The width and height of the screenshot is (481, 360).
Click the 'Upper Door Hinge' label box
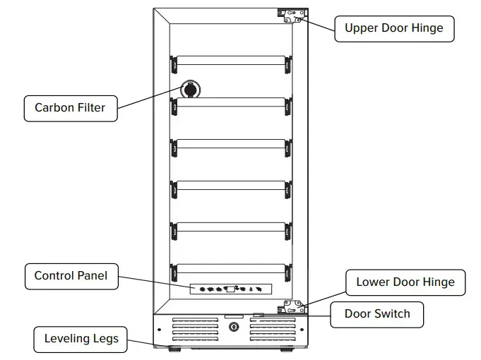[x=393, y=29]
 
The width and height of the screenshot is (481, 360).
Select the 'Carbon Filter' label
[x=70, y=108]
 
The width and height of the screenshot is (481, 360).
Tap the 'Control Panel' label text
[x=71, y=276]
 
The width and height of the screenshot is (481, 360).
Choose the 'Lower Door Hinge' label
[x=405, y=282]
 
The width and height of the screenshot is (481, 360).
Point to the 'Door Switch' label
[x=376, y=313]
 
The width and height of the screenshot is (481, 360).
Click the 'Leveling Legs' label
[x=81, y=339]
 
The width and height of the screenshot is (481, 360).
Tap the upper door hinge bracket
[x=292, y=16]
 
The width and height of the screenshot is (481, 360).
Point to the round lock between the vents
[x=234, y=328]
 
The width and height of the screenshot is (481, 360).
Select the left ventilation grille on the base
[x=196, y=329]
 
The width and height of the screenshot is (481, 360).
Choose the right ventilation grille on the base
[x=271, y=329]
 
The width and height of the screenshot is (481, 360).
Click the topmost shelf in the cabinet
[x=230, y=61]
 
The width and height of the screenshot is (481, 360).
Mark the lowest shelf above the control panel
[x=230, y=269]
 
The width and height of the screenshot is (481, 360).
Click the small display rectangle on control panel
[x=230, y=288]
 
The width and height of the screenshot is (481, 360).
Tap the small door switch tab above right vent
[x=259, y=315]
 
